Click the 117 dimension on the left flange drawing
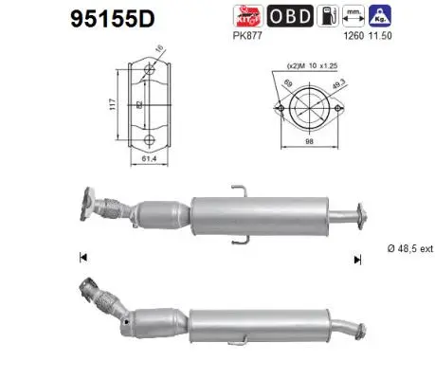[x=114, y=106]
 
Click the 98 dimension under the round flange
[x=309, y=167]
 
